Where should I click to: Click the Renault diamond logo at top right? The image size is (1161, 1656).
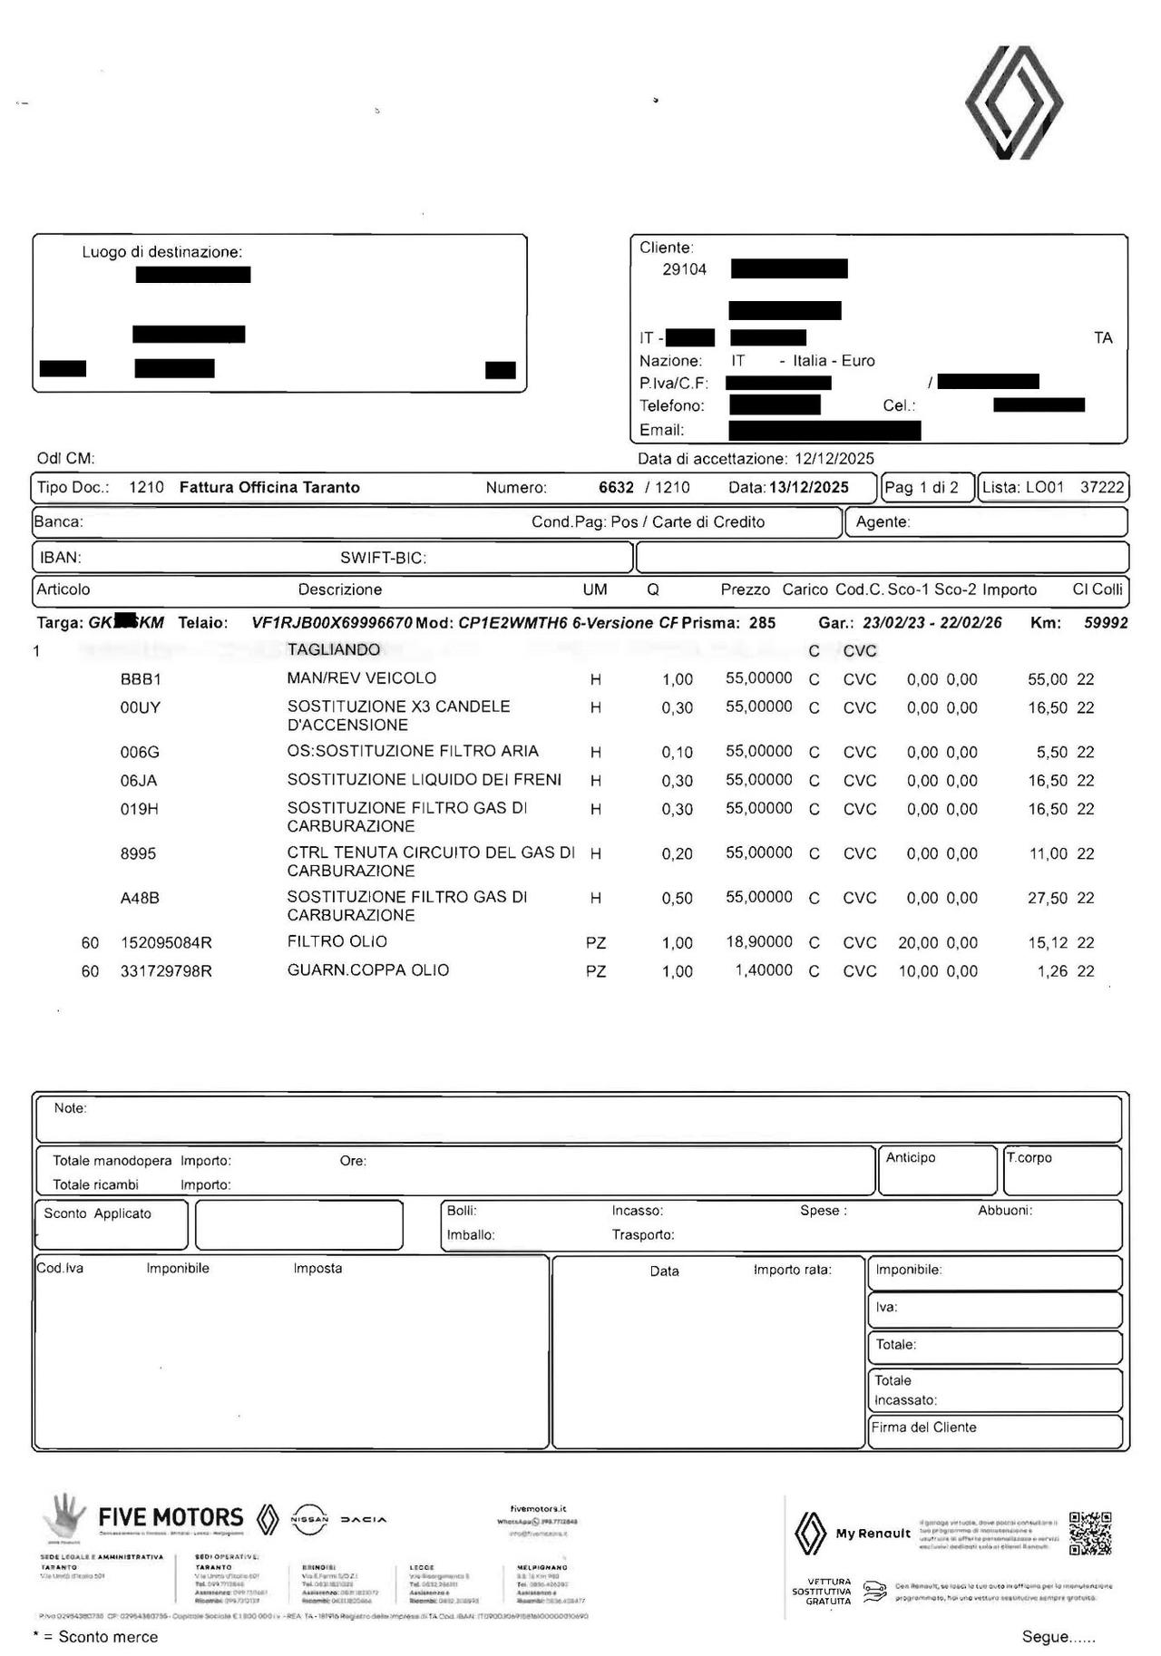coord(1013,102)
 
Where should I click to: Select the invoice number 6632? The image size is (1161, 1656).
coord(616,488)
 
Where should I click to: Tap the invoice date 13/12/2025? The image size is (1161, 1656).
coord(809,488)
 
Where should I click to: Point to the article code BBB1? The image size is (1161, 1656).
coord(141,679)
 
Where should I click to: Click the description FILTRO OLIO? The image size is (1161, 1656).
coord(337,942)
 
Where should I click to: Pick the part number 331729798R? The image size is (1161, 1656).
coord(166,971)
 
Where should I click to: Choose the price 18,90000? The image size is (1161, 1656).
coord(758,942)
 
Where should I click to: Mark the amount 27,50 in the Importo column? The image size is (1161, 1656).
coord(1048,898)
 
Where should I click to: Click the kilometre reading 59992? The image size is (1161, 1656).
coord(1106,623)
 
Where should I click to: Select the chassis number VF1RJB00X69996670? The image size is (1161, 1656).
coord(332,623)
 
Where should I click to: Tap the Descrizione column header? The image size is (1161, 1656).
coord(340,589)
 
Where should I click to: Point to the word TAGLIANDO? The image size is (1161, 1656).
coord(334,650)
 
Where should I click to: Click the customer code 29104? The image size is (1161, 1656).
coord(684,269)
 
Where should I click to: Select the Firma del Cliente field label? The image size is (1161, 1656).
coord(923,1427)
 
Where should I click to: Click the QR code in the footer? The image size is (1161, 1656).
coord(1089,1534)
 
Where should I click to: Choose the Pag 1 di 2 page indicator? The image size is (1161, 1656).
coord(921,488)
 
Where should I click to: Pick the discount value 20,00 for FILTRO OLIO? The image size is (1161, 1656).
coord(918,943)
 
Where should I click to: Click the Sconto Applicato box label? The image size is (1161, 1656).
coord(98,1213)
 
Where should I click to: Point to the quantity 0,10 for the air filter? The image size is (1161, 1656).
coord(677,753)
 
